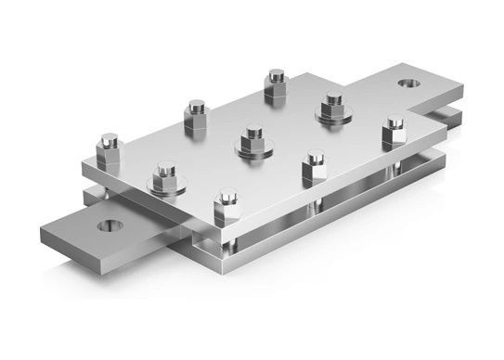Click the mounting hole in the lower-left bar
(x=110, y=225)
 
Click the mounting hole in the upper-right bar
(x=407, y=84)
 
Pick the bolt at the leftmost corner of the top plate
(x=110, y=148)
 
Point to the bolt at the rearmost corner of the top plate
(x=276, y=84)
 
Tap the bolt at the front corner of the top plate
(x=226, y=203)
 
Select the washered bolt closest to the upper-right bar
(x=334, y=104)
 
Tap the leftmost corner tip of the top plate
(x=83, y=168)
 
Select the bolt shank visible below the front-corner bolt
(x=226, y=237)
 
